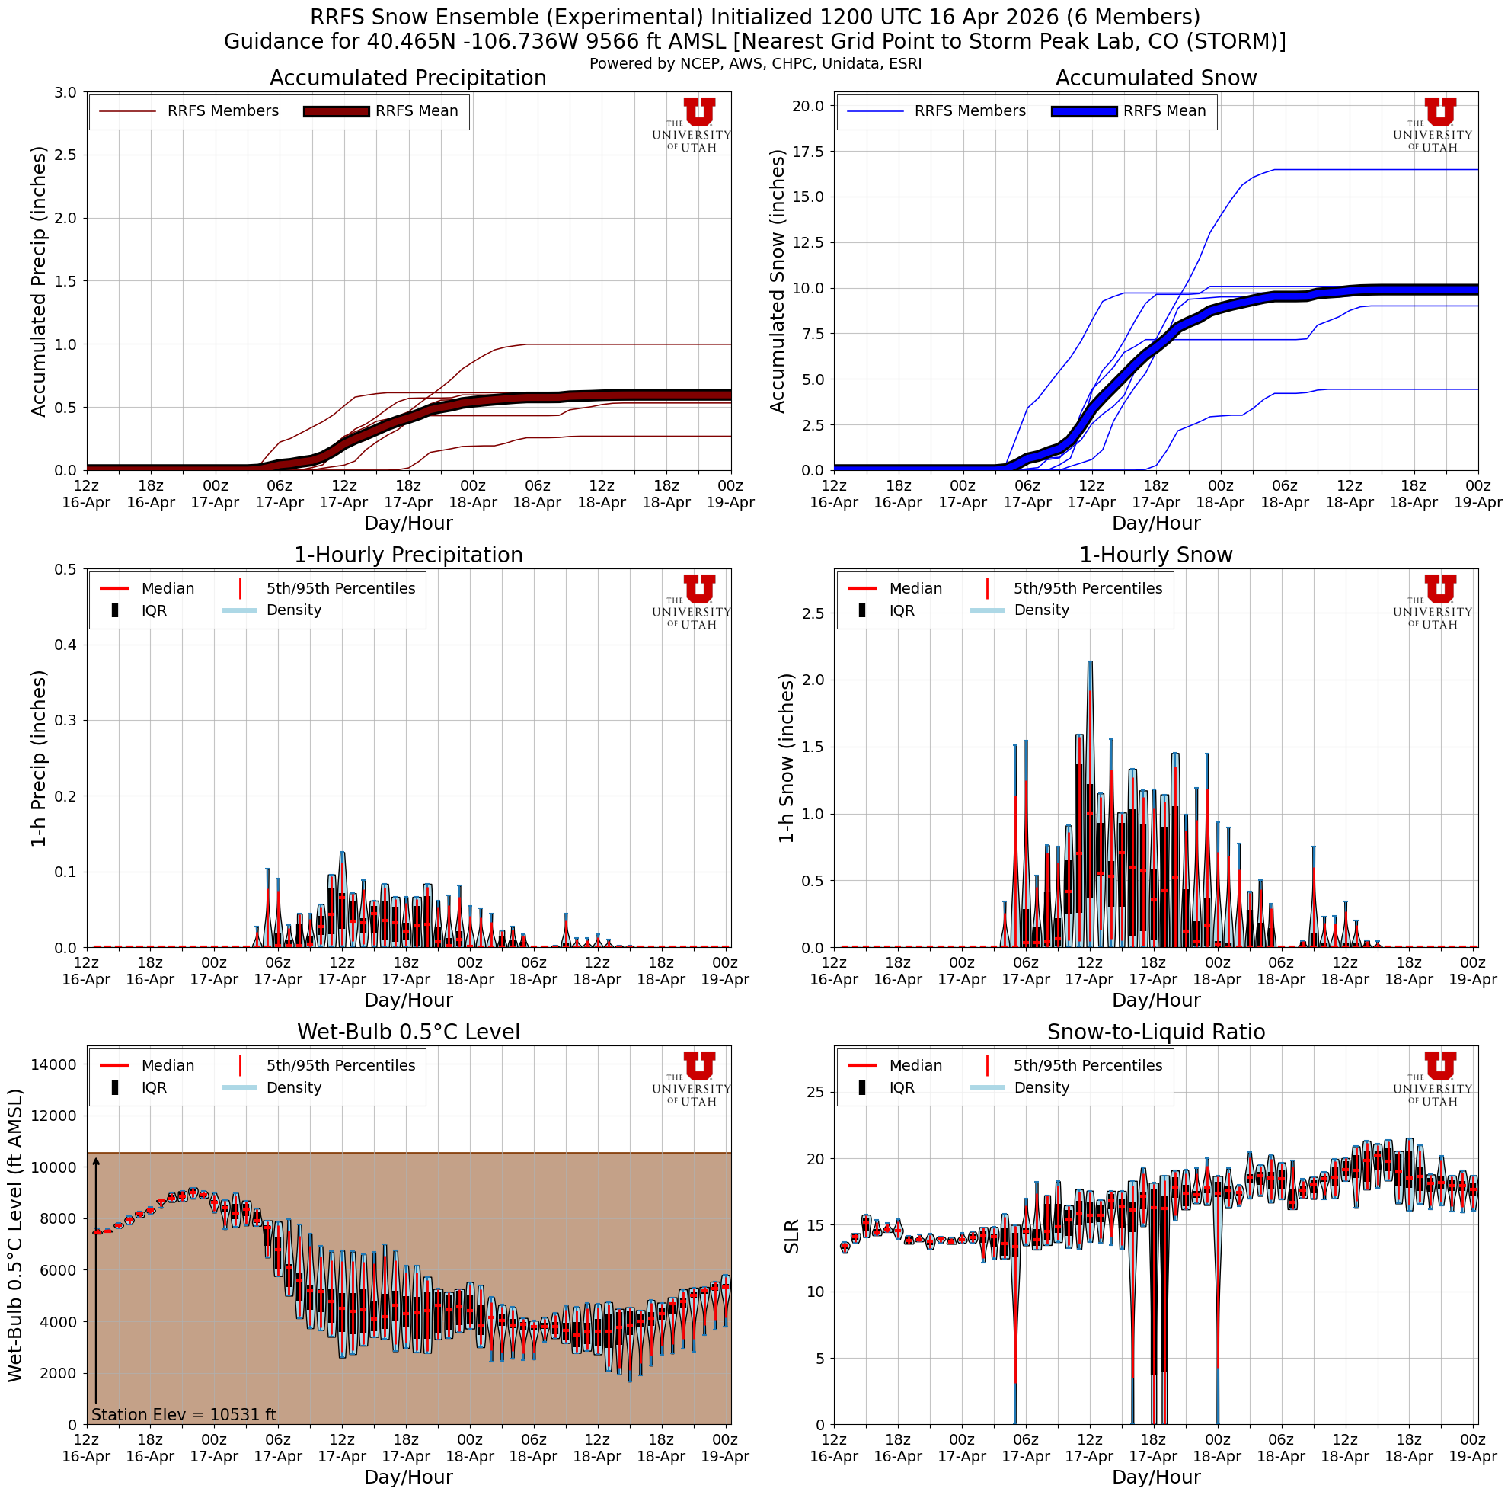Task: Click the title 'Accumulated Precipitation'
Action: tap(407, 78)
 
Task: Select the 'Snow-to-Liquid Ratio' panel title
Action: tap(1155, 1032)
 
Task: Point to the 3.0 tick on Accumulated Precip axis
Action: tap(66, 92)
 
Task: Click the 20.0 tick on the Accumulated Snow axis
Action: tap(809, 106)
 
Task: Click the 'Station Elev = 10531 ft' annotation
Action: tap(184, 1414)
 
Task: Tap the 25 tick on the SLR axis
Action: tap(815, 1091)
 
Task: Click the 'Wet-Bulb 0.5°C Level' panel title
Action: tap(407, 1032)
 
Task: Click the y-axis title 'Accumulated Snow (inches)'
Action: tap(778, 281)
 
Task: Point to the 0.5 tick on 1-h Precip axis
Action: tap(66, 568)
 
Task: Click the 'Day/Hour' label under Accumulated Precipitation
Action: tap(407, 523)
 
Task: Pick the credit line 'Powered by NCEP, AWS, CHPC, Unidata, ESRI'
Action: tap(755, 63)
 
